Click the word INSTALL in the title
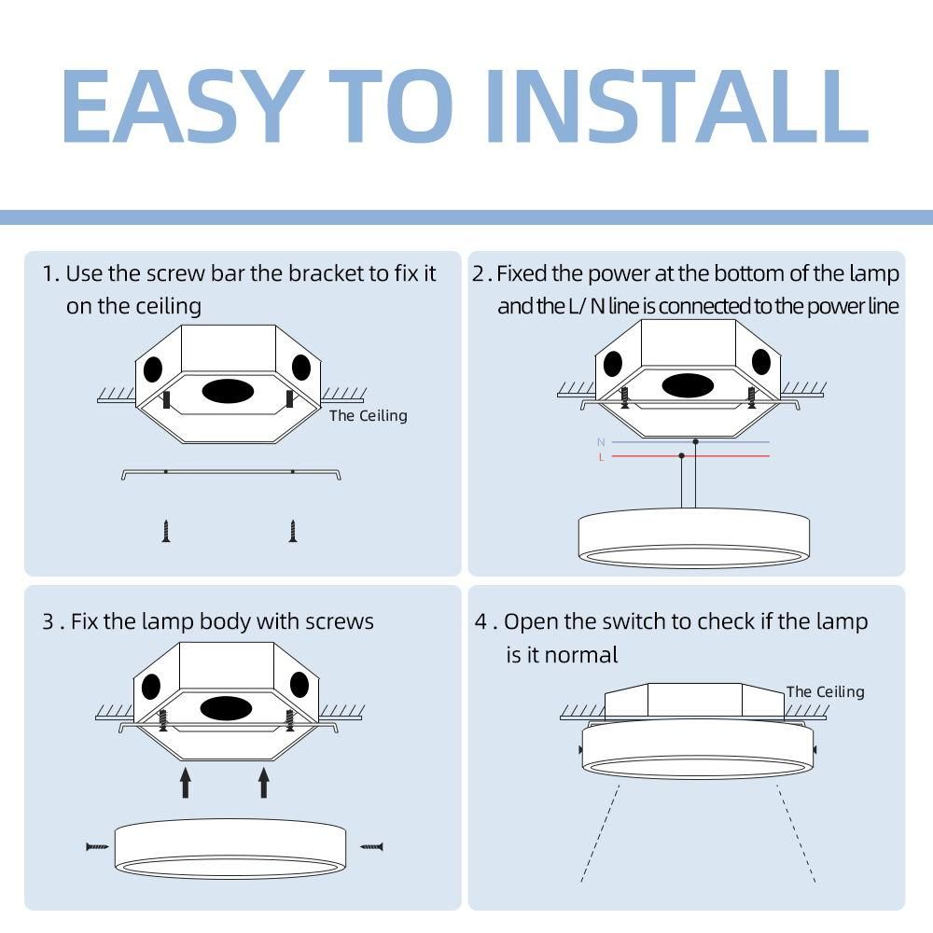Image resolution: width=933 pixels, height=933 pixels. click(677, 106)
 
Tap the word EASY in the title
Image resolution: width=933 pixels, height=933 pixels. click(183, 106)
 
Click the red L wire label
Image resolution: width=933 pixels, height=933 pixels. click(602, 457)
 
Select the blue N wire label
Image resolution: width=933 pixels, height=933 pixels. click(601, 442)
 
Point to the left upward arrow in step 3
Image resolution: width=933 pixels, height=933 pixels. click(186, 782)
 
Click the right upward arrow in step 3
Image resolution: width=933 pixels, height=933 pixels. click(264, 782)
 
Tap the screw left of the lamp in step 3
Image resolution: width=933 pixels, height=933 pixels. click(98, 846)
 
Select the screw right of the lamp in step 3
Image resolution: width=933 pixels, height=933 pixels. click(372, 846)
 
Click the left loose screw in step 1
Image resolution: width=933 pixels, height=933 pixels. click(166, 531)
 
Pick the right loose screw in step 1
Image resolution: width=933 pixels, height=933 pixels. click(292, 531)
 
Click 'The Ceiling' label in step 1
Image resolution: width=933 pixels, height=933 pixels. click(369, 415)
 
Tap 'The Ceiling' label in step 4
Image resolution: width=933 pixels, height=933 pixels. click(826, 691)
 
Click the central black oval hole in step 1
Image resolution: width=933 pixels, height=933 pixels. click(228, 391)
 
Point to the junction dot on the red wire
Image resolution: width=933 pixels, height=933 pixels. click(682, 456)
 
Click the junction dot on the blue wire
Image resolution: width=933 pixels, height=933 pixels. click(696, 441)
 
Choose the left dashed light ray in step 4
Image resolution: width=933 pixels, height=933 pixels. click(600, 833)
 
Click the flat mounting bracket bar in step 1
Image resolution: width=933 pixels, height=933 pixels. click(230, 472)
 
